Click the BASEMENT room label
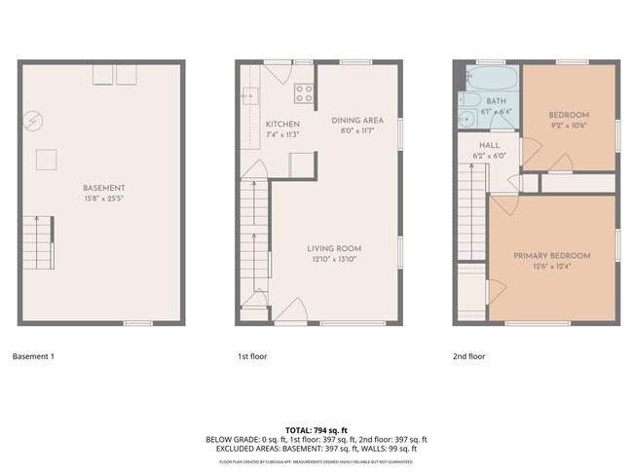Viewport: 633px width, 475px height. (102, 187)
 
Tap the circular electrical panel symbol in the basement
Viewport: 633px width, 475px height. (35, 120)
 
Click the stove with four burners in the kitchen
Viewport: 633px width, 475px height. (303, 94)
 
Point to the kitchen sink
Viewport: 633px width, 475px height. (248, 95)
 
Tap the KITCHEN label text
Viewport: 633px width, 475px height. (282, 125)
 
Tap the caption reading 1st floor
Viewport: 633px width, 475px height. (252, 357)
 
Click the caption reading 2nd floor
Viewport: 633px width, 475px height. (468, 357)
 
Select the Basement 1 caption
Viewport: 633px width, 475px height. (33, 357)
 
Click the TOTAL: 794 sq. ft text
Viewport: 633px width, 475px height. (316, 429)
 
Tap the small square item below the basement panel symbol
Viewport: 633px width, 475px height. (45, 159)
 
